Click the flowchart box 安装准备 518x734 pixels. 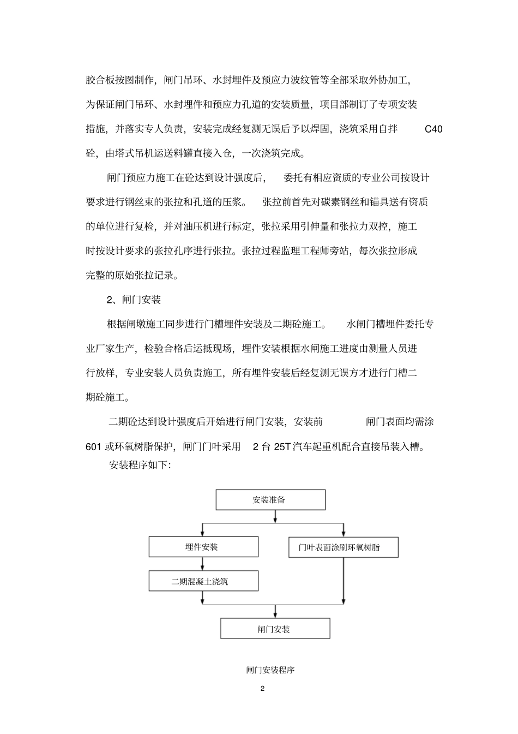click(270, 499)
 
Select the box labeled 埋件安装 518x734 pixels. click(203, 547)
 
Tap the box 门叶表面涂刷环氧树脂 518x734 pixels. click(343, 547)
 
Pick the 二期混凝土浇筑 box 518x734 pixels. click(203, 581)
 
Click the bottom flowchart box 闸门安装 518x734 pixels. click(275, 629)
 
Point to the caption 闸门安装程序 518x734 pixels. click(270, 670)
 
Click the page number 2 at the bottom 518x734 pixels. click(262, 688)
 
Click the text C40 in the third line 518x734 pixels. click(433, 129)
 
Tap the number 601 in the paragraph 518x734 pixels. click(94, 446)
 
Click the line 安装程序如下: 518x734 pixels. click(140, 466)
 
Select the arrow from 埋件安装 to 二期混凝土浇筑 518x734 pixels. click(203, 564)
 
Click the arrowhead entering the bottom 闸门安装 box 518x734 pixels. click(275, 614)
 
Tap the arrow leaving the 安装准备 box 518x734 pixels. click(275, 515)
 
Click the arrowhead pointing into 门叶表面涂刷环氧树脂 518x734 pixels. click(343, 533)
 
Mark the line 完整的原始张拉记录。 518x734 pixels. click(132, 275)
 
